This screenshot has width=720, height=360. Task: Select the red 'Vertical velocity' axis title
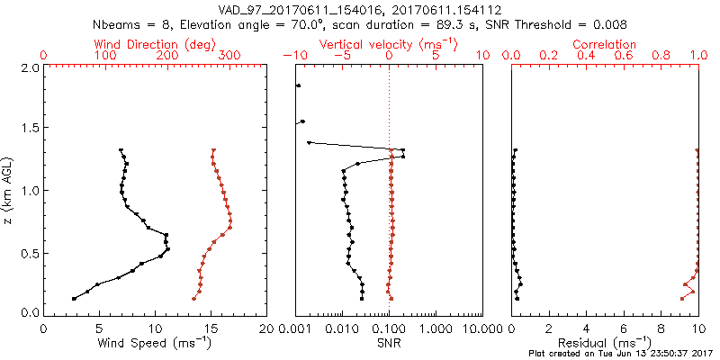389,44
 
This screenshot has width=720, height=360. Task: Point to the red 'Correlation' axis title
605,44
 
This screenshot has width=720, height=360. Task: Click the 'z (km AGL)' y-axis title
8,190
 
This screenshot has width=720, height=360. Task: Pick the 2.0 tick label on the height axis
29,67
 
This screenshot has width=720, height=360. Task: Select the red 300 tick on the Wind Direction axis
229,56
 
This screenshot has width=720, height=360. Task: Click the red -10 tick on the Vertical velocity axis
292,56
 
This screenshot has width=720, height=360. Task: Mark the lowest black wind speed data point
74,298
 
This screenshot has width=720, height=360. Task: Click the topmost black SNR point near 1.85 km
298,86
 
